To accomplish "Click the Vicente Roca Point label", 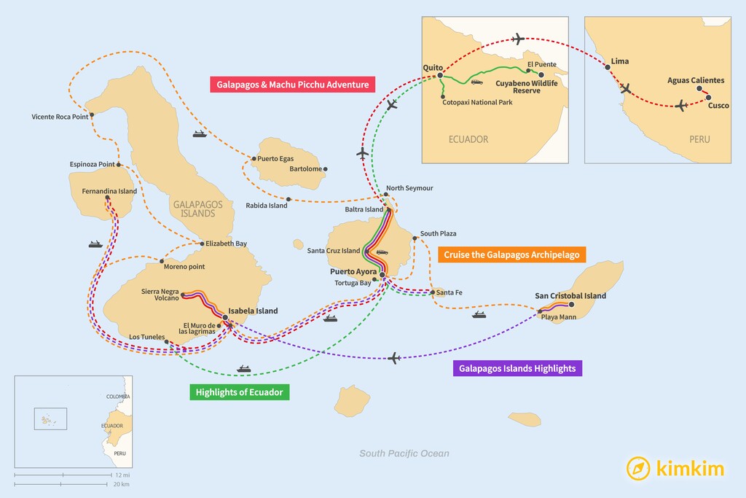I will pos(60,117).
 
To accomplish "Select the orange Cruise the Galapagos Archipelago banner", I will pos(512,254).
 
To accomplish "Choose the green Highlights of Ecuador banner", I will pos(239,392).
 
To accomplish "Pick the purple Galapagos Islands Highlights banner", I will pos(517,368).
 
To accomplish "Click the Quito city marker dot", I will pos(440,74).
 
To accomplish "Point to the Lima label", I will pos(620,61).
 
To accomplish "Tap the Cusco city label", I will pos(718,106).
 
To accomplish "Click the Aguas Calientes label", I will pos(696,80).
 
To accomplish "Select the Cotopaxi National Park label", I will pos(477,103).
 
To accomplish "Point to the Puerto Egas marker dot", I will pos(252,159).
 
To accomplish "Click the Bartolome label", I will pos(305,169).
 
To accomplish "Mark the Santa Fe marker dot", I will pos(432,293).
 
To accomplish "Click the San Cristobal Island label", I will pos(570,295).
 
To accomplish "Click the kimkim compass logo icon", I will pos(638,468).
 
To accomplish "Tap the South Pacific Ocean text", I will pos(404,454).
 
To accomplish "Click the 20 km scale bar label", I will pos(122,484).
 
